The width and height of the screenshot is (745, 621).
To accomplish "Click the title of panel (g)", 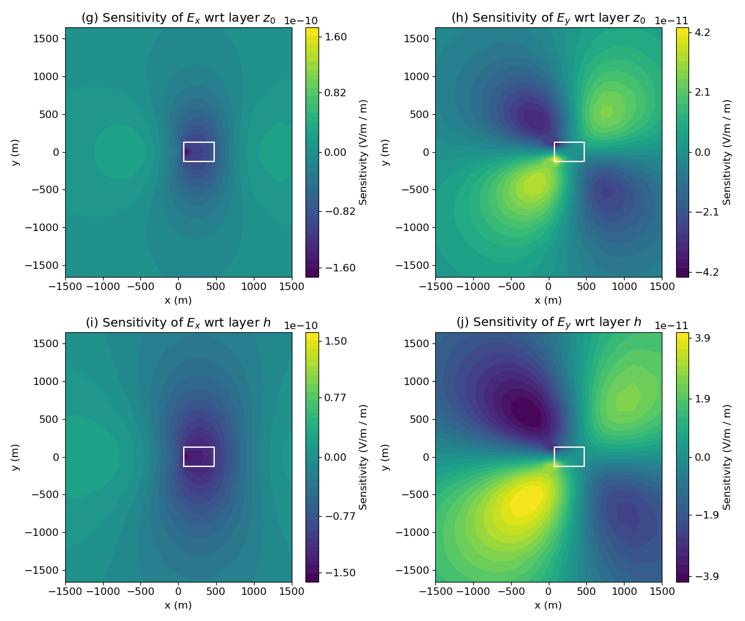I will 178,18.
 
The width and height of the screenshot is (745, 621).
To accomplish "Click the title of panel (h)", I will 548,18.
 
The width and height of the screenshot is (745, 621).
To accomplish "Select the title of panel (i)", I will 178,322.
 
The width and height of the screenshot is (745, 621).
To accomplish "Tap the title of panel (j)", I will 548,322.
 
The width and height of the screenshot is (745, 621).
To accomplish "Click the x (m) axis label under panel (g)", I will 178,301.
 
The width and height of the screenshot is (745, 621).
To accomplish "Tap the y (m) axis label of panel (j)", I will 386,456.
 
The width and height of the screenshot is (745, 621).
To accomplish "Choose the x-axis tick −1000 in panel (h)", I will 473,287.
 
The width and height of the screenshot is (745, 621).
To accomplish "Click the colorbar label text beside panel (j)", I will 727,456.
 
